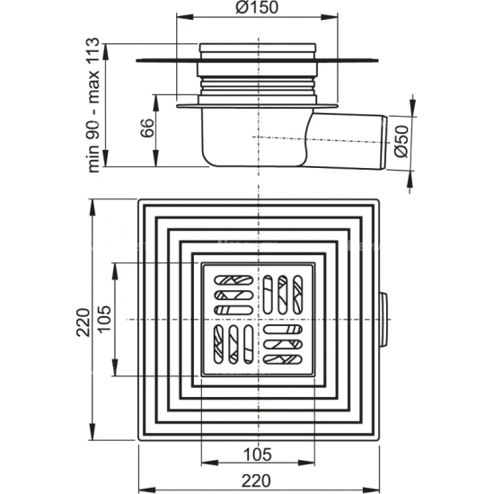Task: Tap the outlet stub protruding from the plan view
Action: tap(385, 320)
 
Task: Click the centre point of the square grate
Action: tap(259, 320)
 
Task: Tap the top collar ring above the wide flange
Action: tap(259, 50)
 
